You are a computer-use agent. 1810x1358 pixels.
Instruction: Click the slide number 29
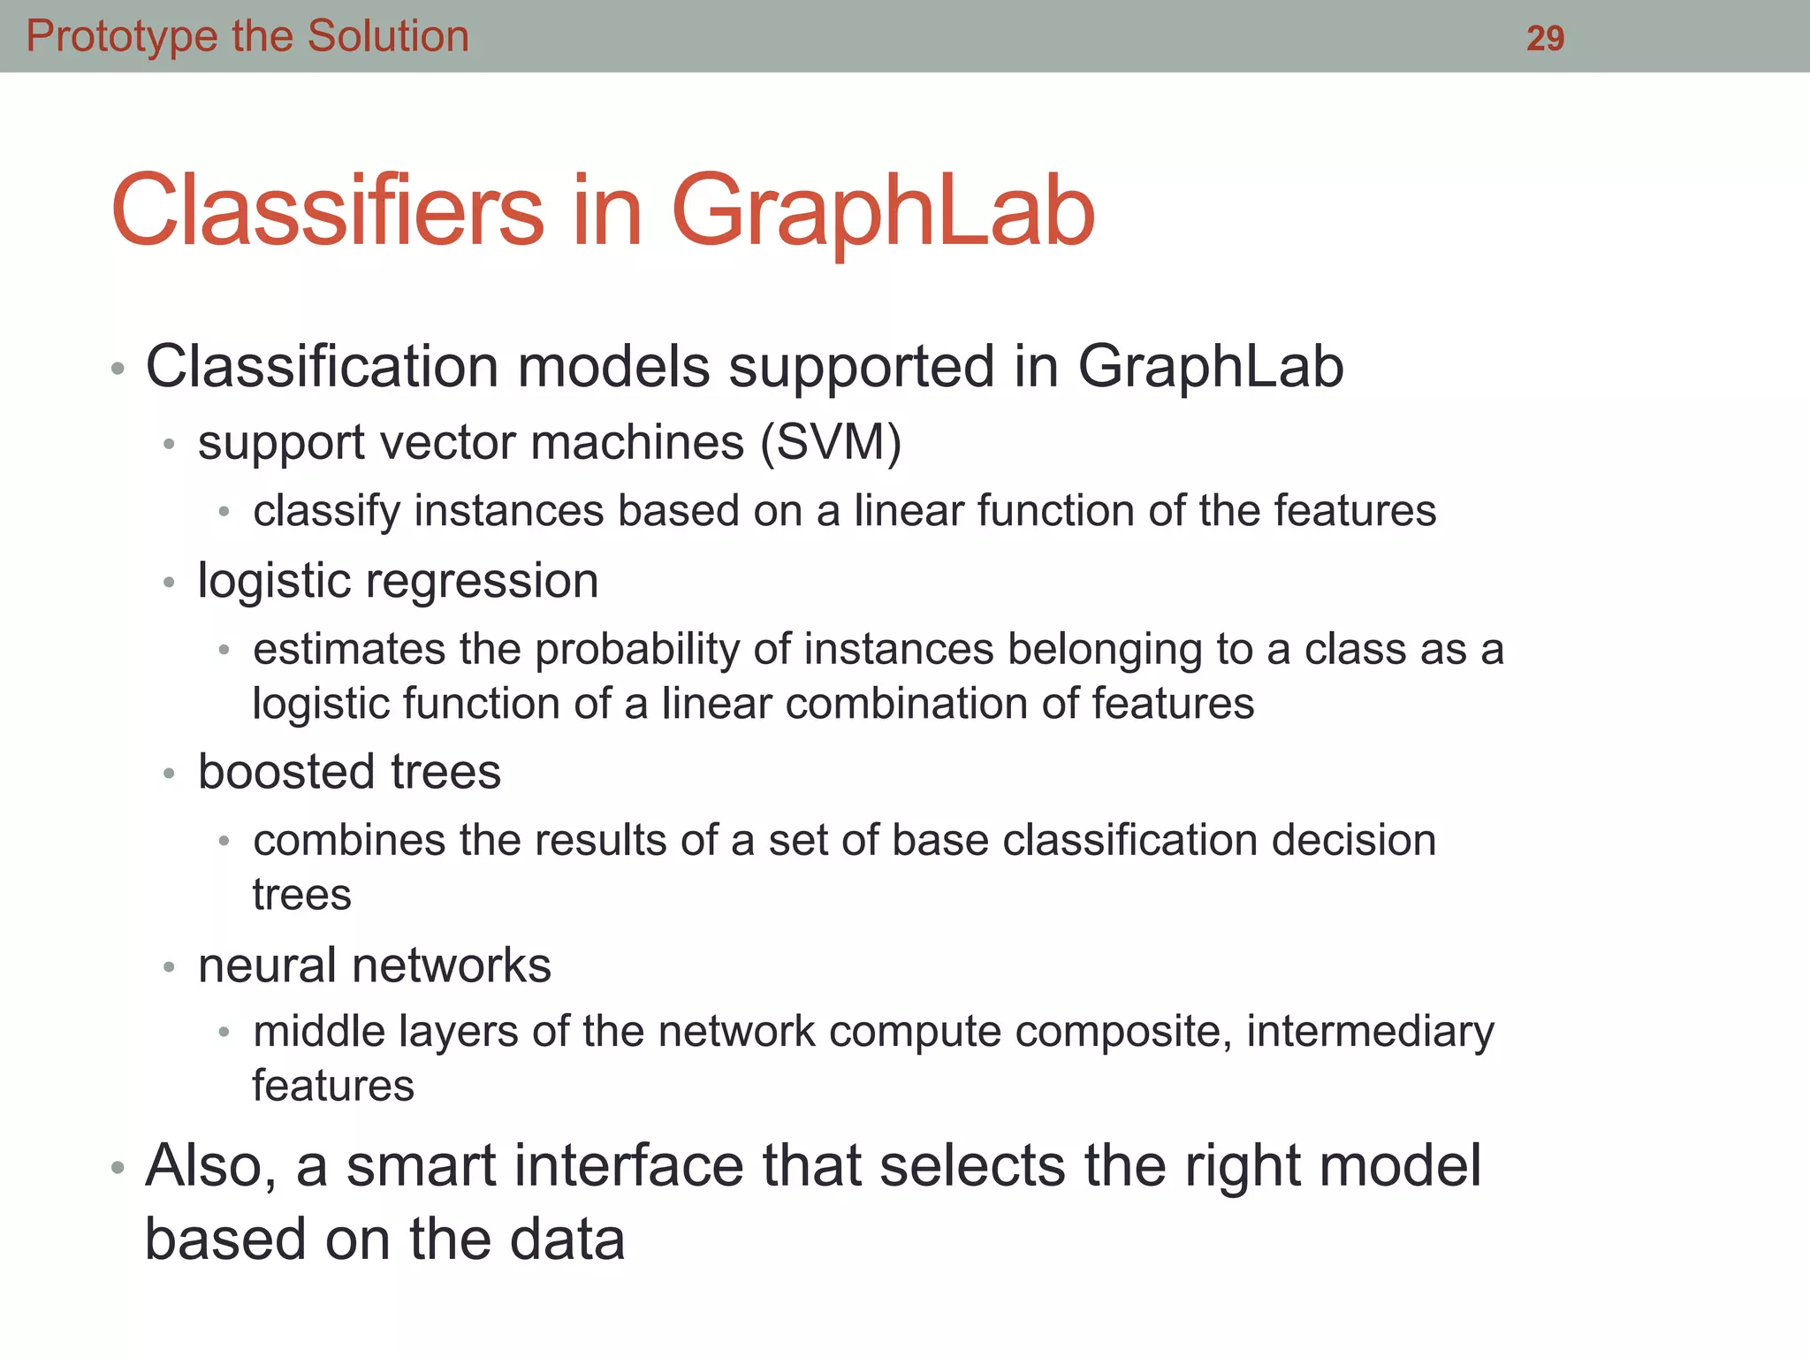(x=1545, y=38)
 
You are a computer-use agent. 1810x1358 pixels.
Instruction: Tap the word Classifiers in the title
(x=328, y=210)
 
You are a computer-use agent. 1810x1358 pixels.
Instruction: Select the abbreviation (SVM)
(x=831, y=442)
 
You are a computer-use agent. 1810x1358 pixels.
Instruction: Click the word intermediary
(x=1370, y=1032)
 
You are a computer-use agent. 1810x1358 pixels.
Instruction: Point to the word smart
(x=421, y=1166)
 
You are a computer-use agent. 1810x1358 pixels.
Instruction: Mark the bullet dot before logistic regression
(x=169, y=583)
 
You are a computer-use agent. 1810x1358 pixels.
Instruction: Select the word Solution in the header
(x=388, y=37)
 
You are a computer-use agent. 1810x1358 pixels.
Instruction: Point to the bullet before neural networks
(x=169, y=966)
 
